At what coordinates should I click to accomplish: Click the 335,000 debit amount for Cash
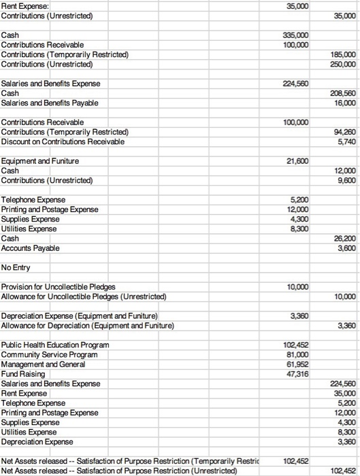coord(299,35)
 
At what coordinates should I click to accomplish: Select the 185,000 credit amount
coord(344,54)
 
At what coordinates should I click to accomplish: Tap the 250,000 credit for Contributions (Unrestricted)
coord(344,64)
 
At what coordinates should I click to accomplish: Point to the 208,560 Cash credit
coord(344,93)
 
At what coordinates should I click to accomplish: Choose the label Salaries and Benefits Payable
coord(50,103)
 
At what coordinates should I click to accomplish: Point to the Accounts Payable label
coord(31,248)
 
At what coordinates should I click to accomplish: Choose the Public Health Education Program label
coord(55,345)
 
